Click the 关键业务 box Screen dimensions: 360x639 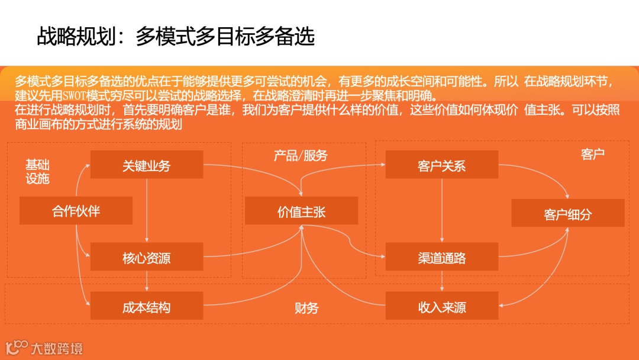point(146,165)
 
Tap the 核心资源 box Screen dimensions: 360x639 point(146,258)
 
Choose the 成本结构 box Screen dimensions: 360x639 point(146,307)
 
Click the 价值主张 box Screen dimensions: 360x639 point(301,211)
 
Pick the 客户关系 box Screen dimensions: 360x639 point(441,165)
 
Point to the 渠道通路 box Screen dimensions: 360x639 point(441,258)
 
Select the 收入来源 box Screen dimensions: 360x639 point(441,307)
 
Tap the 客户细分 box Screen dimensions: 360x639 point(567,214)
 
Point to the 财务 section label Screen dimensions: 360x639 point(306,308)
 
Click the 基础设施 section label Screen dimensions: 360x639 point(37,171)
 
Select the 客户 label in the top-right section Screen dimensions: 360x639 point(592,155)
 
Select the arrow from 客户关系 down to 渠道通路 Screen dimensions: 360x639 point(442,210)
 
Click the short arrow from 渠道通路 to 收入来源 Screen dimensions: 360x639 point(442,282)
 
